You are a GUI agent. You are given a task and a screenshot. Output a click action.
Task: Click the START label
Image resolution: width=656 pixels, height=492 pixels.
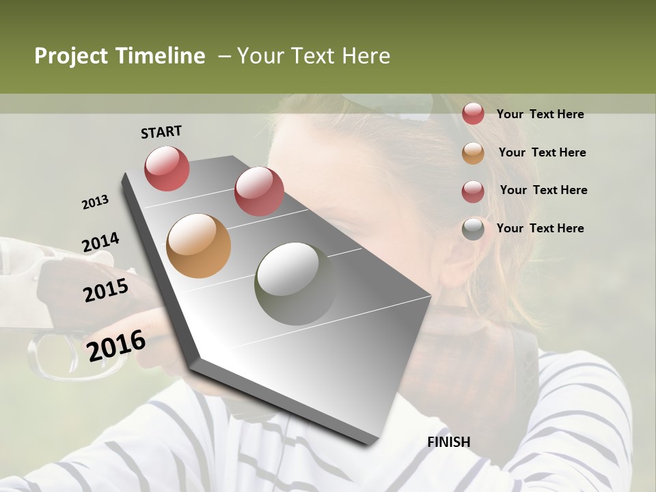pos(161,132)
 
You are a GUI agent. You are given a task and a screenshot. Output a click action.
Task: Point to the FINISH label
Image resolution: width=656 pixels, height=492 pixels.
pos(449,442)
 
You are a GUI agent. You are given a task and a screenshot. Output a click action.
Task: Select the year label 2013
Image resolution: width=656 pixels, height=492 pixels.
pos(95,202)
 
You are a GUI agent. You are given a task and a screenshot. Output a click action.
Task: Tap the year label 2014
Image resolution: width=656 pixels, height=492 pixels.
pos(100,243)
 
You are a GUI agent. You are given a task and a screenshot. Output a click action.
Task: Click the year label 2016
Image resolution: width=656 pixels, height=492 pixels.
pos(116,346)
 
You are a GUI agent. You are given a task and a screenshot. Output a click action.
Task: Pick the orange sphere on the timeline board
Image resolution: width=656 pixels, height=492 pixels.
pos(199,246)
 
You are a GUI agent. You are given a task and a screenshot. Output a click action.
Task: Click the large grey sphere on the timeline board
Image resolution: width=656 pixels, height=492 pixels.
pos(295,282)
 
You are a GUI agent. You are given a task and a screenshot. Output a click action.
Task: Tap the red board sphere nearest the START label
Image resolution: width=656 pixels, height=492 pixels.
pos(167,168)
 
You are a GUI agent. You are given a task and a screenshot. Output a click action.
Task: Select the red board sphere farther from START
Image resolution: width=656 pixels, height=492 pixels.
pos(258,191)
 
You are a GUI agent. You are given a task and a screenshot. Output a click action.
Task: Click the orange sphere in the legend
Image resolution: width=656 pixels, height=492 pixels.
pos(473,153)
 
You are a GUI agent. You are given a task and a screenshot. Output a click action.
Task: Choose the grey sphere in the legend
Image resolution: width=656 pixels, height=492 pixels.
pos(473,229)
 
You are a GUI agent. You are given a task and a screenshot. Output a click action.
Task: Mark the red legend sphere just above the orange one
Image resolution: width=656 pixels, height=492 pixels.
pos(473,114)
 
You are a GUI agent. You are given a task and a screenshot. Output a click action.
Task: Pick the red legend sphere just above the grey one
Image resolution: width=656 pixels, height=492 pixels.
pos(473,191)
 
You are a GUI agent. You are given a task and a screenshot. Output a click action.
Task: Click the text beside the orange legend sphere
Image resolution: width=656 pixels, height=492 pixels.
pos(542,152)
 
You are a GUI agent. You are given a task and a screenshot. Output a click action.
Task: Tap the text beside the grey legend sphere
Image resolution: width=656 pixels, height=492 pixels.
pos(540,228)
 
